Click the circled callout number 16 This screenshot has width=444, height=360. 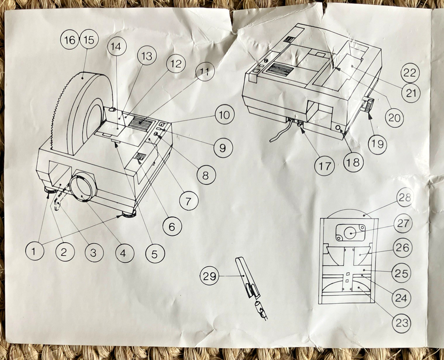pyautogui.click(x=70, y=40)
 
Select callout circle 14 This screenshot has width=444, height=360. pyautogui.click(x=116, y=47)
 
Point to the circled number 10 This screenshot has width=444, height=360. pyautogui.click(x=224, y=115)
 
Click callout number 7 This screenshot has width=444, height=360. pyautogui.click(x=188, y=201)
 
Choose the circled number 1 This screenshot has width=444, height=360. pyautogui.click(x=34, y=251)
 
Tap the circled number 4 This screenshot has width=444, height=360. pyautogui.click(x=124, y=253)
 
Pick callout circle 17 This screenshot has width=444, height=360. pyautogui.click(x=324, y=166)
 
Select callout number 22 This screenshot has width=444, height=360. pyautogui.click(x=410, y=72)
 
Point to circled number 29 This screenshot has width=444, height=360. pyautogui.click(x=209, y=276)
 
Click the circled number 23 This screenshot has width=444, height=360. pyautogui.click(x=402, y=323)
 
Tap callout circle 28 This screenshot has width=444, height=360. pyautogui.click(x=405, y=198)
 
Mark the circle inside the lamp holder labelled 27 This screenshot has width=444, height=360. pyautogui.click(x=350, y=232)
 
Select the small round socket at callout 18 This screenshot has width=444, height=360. pyautogui.click(x=338, y=128)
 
